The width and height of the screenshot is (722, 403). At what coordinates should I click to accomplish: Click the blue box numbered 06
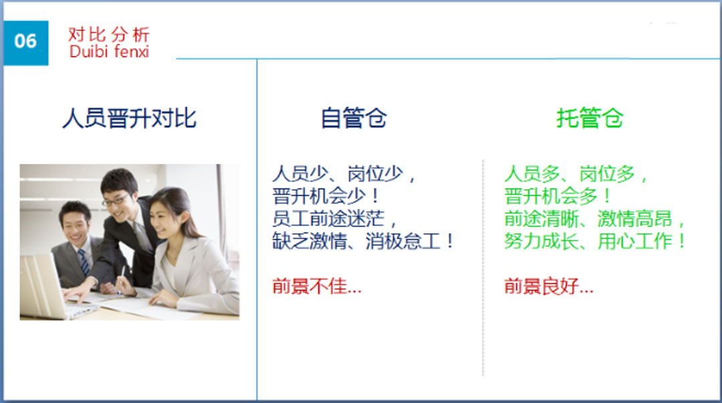26,43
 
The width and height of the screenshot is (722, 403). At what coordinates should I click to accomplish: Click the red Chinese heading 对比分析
109,35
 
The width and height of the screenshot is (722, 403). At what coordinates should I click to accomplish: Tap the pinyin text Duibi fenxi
109,51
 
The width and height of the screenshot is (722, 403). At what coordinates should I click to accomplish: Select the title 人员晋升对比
130,118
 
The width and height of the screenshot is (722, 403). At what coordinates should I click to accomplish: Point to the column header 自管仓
354,118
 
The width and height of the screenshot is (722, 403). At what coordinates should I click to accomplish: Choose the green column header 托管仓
590,118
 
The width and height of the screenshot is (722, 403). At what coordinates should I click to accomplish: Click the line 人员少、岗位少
344,174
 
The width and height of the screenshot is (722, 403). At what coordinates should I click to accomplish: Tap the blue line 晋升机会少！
326,196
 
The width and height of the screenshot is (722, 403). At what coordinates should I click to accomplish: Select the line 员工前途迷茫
335,219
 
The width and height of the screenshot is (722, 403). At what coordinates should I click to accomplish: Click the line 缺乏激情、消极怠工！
363,241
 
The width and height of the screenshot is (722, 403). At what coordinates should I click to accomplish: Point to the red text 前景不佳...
317,286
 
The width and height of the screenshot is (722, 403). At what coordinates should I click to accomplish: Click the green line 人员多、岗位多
576,174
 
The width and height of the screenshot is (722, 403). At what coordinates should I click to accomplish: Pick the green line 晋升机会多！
558,196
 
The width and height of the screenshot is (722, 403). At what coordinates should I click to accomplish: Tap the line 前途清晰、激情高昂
594,219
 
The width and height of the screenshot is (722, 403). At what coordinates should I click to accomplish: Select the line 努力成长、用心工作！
595,241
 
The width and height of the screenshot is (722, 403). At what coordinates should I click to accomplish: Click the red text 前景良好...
549,286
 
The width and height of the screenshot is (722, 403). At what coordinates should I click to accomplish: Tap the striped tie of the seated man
84,262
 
